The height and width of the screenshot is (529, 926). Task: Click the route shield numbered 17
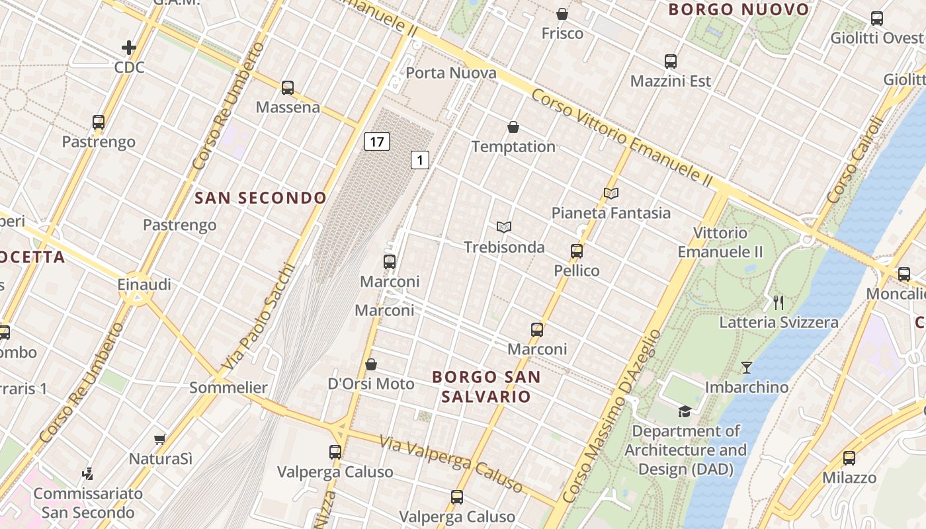pos(376,142)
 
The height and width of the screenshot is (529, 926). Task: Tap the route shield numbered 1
pos(420,159)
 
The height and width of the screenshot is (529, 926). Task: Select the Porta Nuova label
pos(450,73)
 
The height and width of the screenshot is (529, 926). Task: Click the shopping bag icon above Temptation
pos(513,127)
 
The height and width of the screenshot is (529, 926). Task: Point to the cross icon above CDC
pos(129,48)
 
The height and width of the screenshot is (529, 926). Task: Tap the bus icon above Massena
pos(287,88)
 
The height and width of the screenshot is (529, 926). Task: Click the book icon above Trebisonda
pos(504,227)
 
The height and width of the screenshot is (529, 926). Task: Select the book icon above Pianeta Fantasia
pos(611,193)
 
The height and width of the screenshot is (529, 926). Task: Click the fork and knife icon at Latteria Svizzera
pos(779,303)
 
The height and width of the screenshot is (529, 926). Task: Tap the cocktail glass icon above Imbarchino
pos(747,368)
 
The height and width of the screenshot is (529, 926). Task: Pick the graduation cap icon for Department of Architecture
pos(685,411)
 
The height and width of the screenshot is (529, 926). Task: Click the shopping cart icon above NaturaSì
pos(159,439)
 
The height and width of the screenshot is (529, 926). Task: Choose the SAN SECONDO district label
pos(261,198)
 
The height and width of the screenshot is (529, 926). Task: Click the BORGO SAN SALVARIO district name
pos(486,387)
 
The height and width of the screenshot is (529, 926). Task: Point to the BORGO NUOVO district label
pos(738,10)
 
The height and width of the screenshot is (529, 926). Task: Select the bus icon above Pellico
pos(577,251)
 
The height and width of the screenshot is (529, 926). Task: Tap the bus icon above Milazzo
pos(849,458)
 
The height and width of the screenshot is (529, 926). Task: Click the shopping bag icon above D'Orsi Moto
pos(371,365)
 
